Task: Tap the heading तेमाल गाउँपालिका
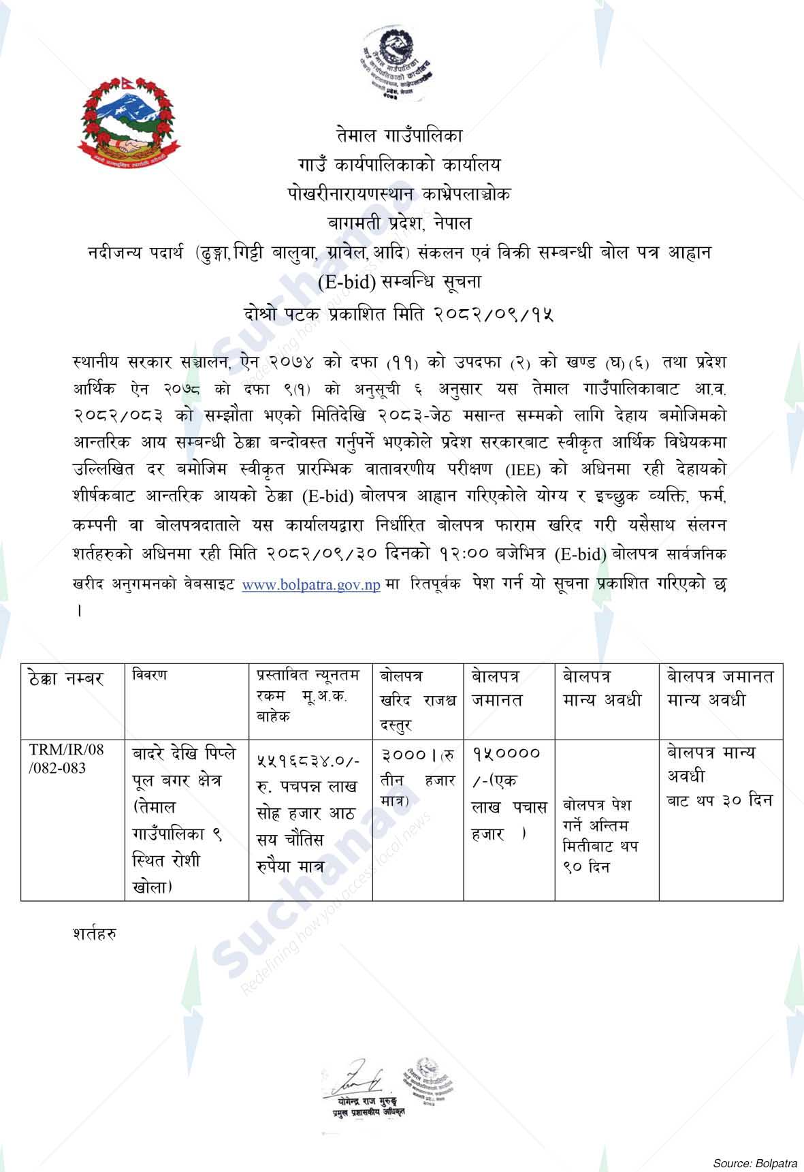pyautogui.click(x=399, y=136)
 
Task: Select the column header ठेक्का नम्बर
pyautogui.click(x=67, y=679)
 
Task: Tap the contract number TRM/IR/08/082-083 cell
pyautogui.click(x=67, y=759)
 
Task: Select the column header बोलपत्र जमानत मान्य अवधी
pyautogui.click(x=720, y=688)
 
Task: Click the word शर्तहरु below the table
pyautogui.click(x=93, y=934)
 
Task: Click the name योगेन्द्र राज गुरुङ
pyautogui.click(x=366, y=1101)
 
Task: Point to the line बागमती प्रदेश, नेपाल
pyautogui.click(x=399, y=223)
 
